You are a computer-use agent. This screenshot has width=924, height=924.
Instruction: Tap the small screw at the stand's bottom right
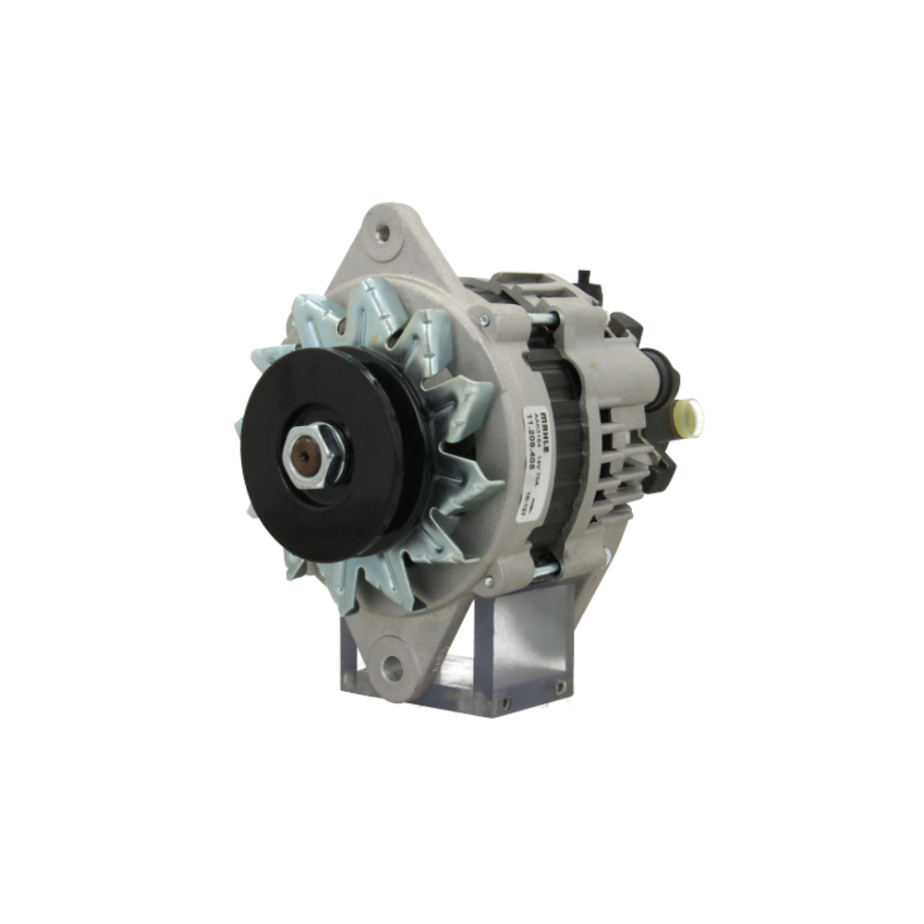tap(507, 705)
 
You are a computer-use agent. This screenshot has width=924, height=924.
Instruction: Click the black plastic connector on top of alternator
tap(583, 278)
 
